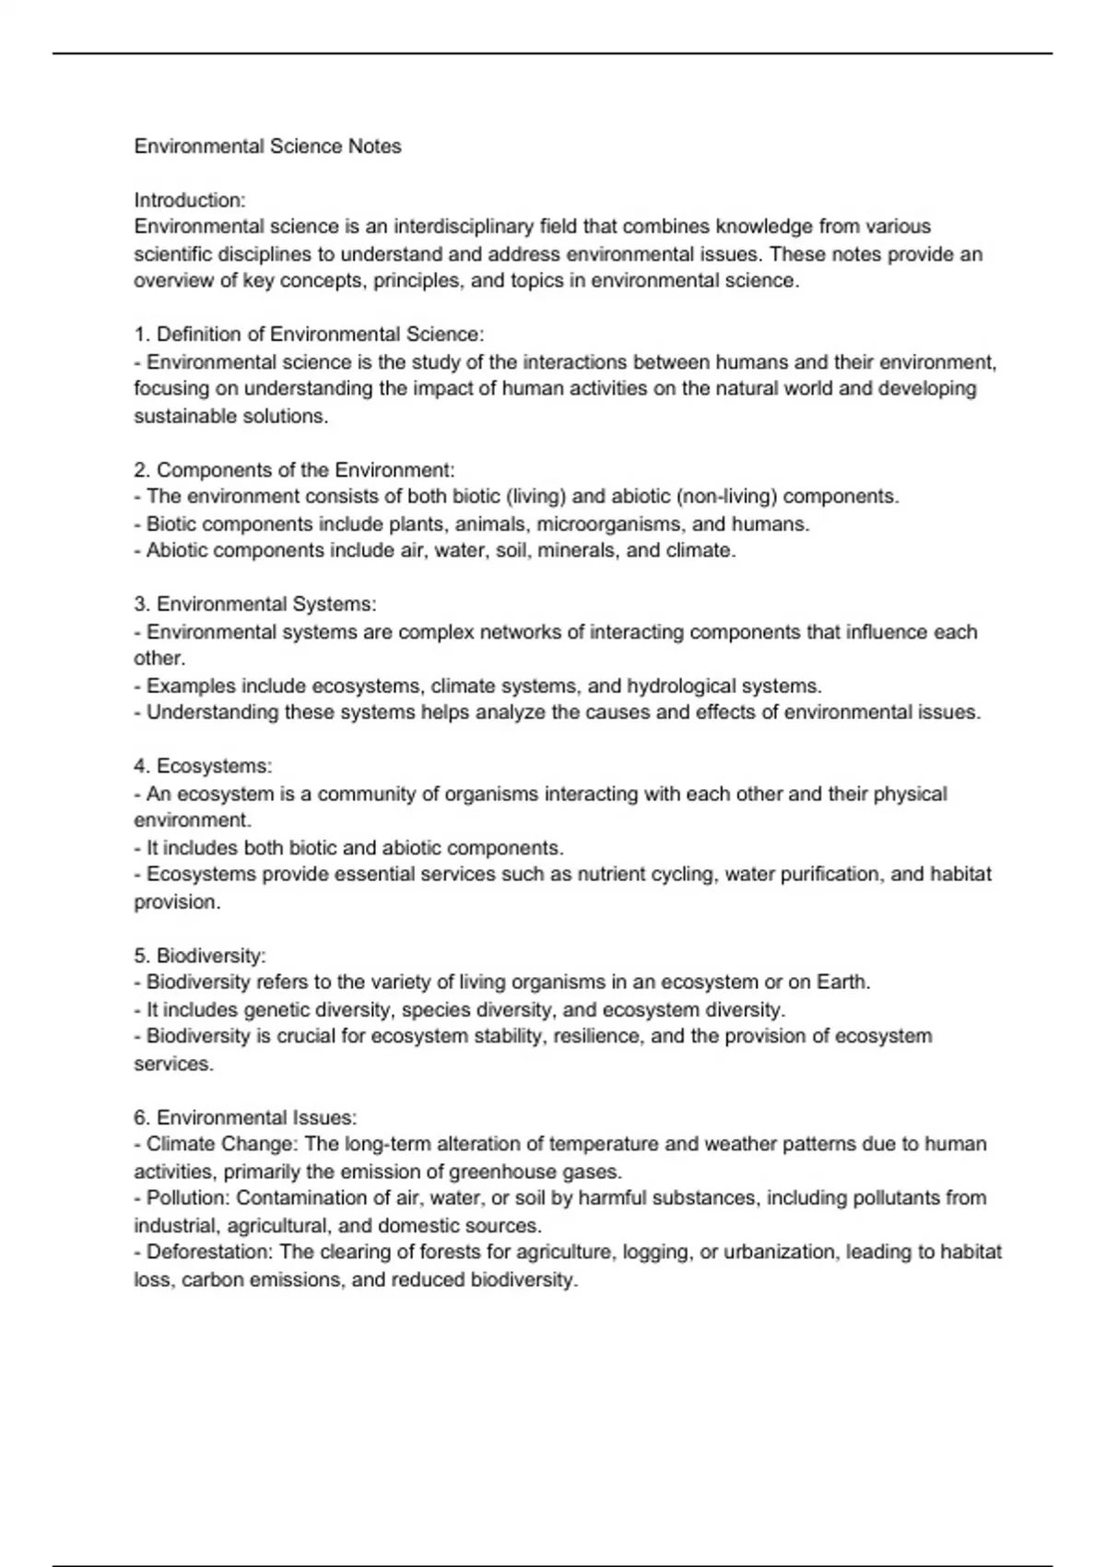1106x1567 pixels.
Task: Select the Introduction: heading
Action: [x=190, y=200]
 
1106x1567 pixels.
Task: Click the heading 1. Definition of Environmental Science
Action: [x=309, y=334]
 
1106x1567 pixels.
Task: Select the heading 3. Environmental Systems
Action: [x=255, y=605]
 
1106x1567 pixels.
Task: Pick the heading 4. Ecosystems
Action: [x=203, y=766]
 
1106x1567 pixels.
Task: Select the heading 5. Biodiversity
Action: [x=200, y=955]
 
